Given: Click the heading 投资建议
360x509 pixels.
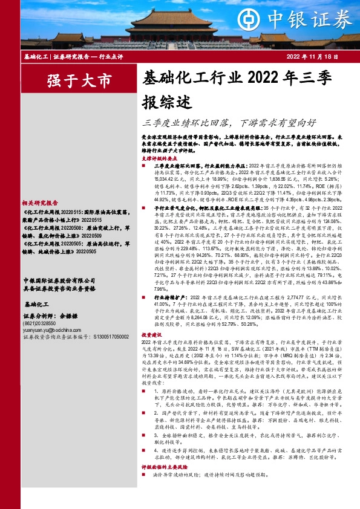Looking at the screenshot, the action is click(x=152, y=334).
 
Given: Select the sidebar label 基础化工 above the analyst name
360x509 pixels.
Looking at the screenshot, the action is click(x=36, y=304).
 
